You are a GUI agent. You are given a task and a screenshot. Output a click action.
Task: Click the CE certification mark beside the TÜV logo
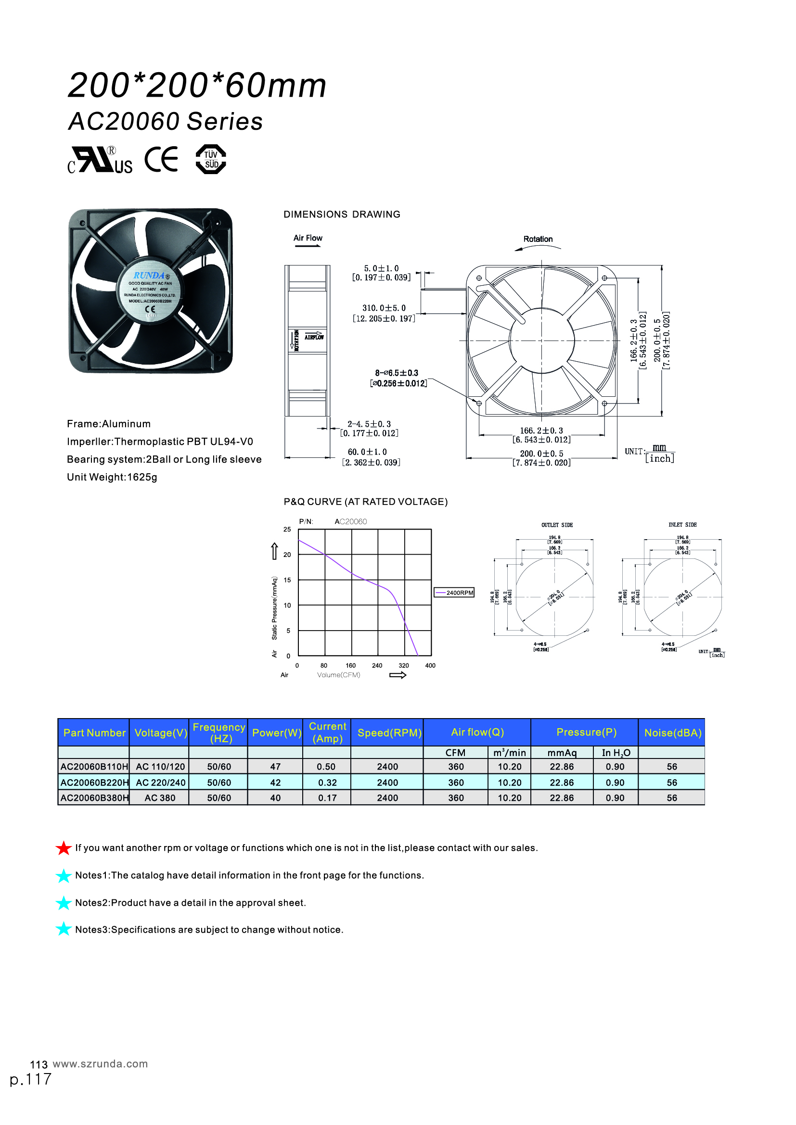(161, 159)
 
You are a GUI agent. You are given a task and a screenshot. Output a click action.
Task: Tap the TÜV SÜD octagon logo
(211, 159)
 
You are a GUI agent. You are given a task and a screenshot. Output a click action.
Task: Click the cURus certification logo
(100, 160)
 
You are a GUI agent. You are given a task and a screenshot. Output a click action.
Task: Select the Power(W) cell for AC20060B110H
(275, 766)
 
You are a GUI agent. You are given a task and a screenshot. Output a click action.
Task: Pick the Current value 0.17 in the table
(327, 797)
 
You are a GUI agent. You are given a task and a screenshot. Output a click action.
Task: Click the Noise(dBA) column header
(672, 733)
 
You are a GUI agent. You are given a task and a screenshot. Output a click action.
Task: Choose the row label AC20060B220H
(94, 783)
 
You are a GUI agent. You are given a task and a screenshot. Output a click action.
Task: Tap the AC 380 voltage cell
(160, 797)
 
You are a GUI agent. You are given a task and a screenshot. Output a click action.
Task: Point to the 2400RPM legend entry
(454, 593)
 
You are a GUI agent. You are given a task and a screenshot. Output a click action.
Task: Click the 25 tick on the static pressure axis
(287, 529)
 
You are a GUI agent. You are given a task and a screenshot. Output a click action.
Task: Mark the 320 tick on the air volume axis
(404, 665)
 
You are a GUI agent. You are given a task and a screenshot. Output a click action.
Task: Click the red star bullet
(64, 847)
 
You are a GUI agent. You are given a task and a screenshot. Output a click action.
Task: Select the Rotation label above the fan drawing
(538, 239)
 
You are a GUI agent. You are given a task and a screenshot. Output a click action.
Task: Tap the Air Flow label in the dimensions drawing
(308, 238)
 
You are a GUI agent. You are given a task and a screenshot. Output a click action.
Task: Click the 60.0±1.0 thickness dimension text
(367, 452)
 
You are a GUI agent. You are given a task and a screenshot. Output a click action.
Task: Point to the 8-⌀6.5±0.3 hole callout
(397, 373)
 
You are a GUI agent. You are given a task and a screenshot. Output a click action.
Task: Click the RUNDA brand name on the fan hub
(149, 276)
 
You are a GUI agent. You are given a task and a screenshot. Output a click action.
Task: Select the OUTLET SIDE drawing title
(557, 525)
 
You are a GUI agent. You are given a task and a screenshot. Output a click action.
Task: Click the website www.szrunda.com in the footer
(100, 1064)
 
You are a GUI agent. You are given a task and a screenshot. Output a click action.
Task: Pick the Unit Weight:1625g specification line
(112, 477)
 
